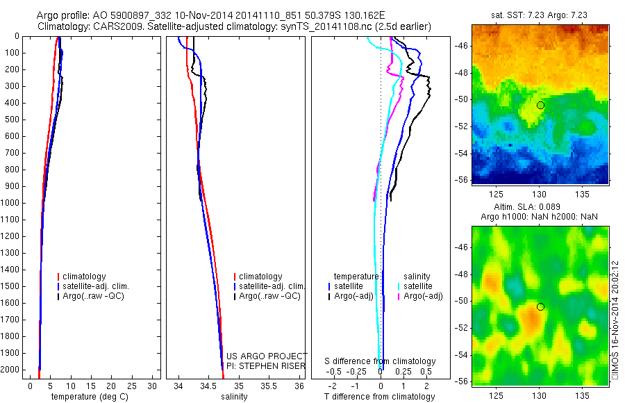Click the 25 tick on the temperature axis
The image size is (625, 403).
129,386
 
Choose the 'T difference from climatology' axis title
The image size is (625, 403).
379,397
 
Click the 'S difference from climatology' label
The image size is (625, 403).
380,361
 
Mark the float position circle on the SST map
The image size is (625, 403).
540,105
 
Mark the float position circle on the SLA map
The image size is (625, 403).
540,306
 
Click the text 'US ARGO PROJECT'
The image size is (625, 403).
267,356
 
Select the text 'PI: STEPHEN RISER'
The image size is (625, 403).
267,365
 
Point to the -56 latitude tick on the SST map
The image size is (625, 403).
462,179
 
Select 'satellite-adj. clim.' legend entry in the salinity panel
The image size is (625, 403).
271,286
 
